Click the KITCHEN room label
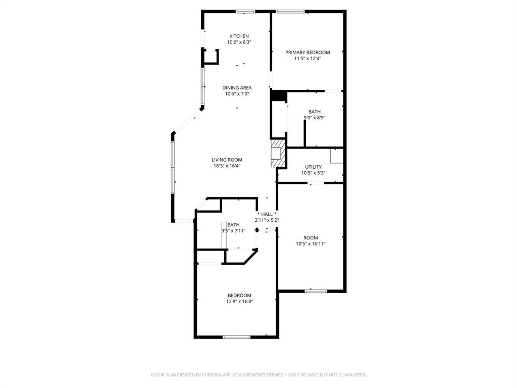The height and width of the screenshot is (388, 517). (239, 36)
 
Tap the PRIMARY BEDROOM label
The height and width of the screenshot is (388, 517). (307, 52)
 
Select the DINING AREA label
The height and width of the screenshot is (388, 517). (237, 87)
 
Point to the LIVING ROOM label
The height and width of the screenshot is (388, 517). (227, 160)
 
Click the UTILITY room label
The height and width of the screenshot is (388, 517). (313, 167)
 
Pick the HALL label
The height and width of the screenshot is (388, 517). (267, 214)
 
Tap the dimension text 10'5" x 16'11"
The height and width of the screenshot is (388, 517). (311, 244)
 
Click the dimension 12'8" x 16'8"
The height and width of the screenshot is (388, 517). (239, 301)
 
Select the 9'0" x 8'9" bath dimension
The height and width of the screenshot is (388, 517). (315, 118)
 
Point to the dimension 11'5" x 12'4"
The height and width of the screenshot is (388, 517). (307, 58)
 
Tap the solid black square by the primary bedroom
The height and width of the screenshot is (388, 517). (279, 95)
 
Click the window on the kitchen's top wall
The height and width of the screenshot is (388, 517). (245, 11)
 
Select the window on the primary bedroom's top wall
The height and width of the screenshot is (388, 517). (290, 11)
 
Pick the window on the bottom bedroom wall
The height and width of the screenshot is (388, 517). (236, 337)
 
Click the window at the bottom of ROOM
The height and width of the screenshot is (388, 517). (316, 291)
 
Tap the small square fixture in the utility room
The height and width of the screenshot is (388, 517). (337, 156)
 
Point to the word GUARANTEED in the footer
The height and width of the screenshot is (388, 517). (349, 375)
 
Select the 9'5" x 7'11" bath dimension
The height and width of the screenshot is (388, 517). (233, 231)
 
